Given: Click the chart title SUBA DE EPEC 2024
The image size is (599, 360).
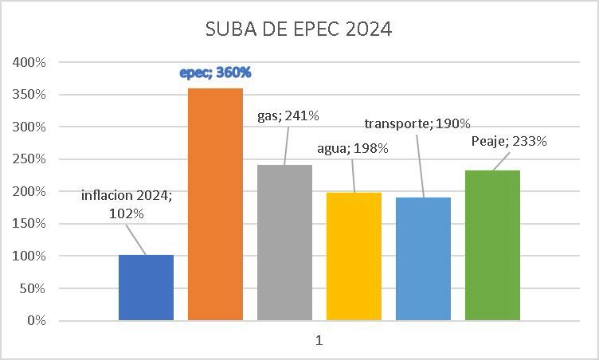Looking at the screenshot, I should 299,29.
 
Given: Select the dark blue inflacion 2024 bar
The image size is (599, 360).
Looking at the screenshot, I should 146,288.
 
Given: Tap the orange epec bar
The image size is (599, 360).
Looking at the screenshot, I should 215,205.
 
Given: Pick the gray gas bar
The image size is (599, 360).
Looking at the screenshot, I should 284,243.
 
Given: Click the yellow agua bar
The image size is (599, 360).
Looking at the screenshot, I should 354,256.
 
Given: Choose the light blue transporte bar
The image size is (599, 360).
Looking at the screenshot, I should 423,259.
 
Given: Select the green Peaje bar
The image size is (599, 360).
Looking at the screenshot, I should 492,245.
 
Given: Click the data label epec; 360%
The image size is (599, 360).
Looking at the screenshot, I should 215,72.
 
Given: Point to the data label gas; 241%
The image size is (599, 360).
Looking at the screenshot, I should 288,115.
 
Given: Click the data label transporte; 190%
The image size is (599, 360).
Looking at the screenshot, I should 417,123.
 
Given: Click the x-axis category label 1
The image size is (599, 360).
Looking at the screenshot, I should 319,340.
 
